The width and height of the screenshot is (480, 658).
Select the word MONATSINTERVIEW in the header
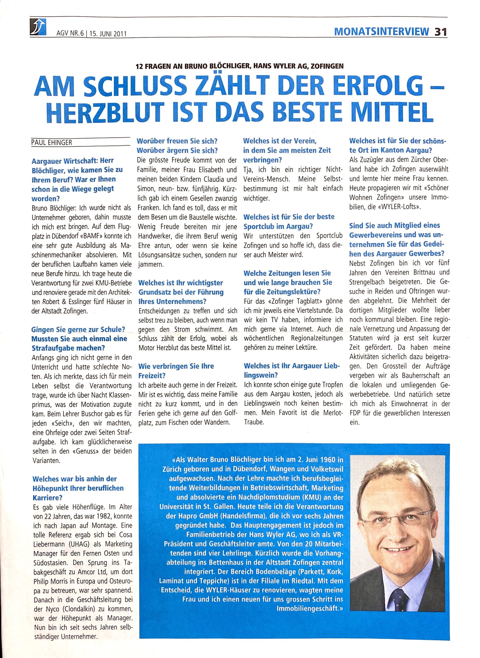(381, 31)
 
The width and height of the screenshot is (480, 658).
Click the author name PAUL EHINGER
(51, 142)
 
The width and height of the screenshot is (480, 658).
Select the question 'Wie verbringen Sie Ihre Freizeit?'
(176, 370)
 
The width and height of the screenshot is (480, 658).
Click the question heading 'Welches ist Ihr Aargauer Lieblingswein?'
(291, 370)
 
